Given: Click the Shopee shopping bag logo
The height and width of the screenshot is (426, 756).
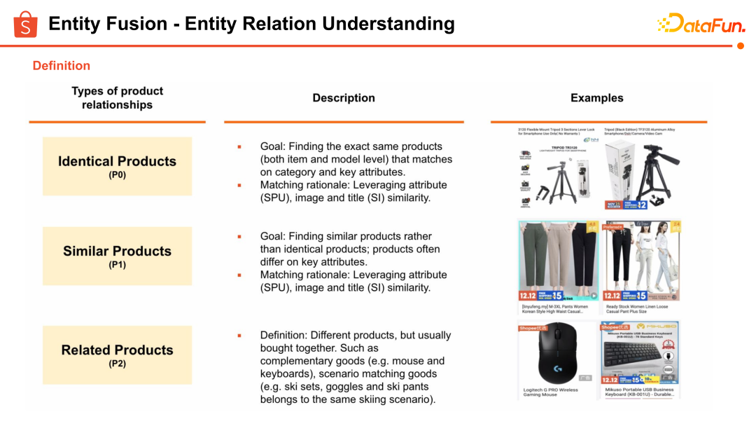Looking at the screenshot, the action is [x=25, y=24].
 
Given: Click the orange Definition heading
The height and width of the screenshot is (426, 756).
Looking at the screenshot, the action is [x=62, y=66].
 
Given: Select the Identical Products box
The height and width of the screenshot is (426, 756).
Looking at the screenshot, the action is [x=117, y=166].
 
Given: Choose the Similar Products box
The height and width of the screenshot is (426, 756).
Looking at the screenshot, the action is [x=117, y=256].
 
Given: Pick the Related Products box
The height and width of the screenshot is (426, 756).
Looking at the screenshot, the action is [x=117, y=355].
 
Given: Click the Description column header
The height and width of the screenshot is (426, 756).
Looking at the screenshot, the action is [x=344, y=98].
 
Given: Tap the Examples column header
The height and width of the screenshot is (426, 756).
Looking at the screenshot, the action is [x=596, y=98].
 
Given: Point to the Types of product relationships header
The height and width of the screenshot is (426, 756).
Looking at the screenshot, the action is [x=117, y=98].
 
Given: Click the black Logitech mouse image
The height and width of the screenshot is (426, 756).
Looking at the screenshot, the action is [x=557, y=353].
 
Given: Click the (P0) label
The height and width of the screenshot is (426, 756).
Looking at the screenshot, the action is [x=117, y=175].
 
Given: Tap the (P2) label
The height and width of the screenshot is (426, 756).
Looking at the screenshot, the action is [x=117, y=364].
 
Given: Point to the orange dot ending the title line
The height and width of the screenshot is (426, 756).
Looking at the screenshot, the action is [x=741, y=46].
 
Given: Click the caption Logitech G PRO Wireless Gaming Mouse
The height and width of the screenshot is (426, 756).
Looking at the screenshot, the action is [x=551, y=392].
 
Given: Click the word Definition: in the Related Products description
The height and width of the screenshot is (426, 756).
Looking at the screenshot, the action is [x=284, y=335].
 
